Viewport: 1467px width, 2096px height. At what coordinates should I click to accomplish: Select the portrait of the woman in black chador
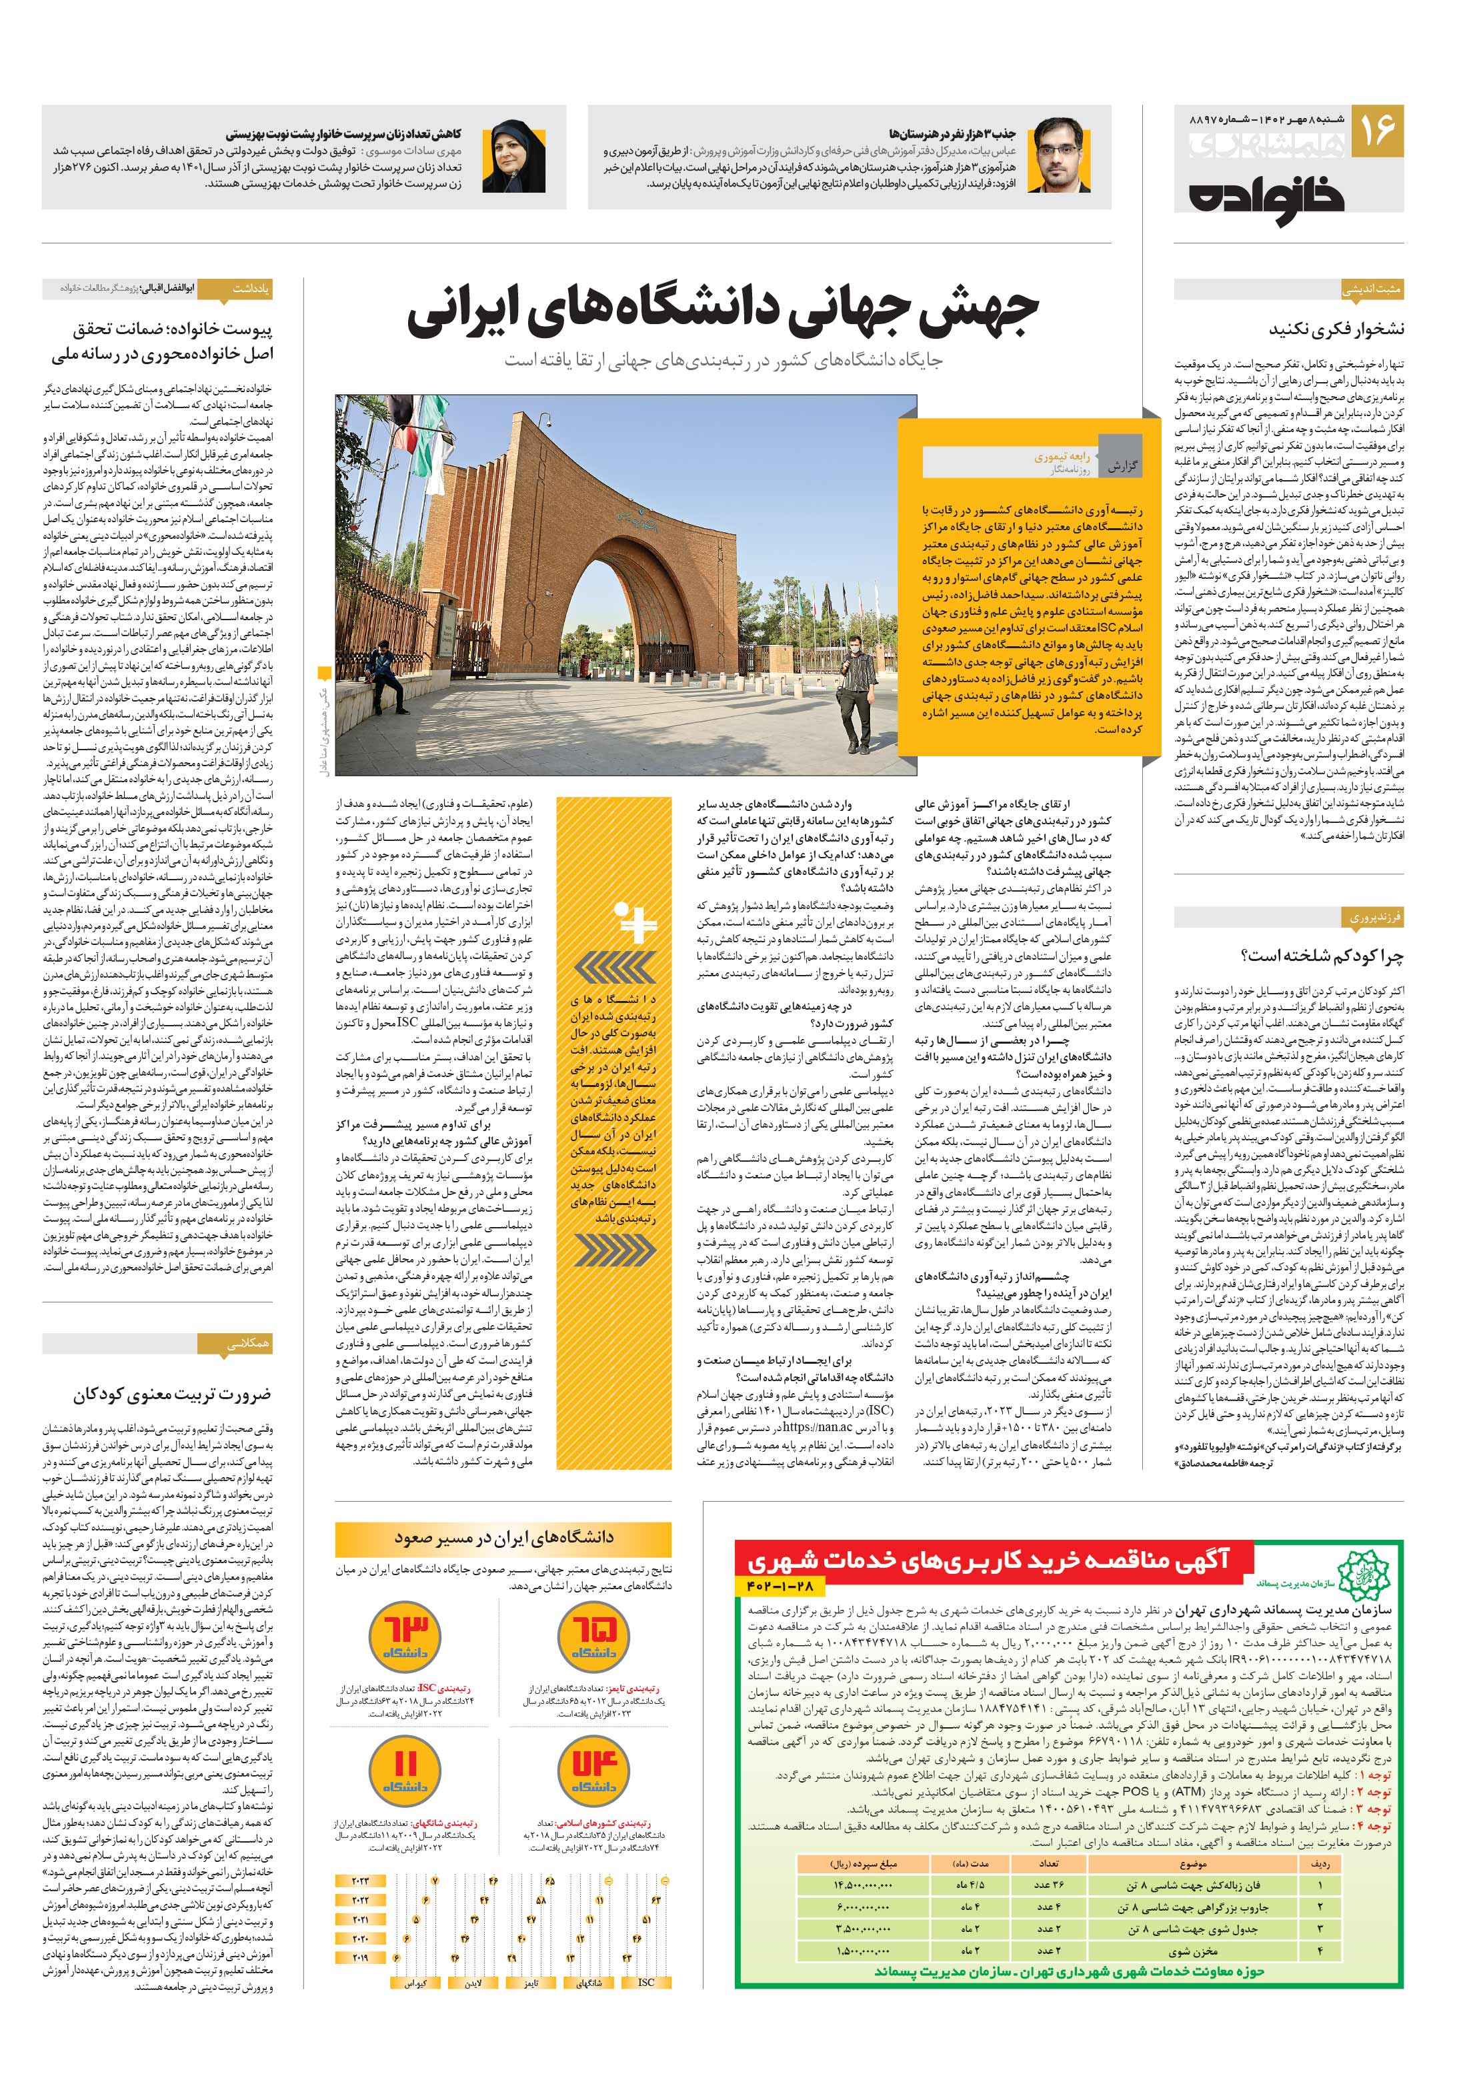519,155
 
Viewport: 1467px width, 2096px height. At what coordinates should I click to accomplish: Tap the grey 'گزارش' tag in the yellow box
1122,465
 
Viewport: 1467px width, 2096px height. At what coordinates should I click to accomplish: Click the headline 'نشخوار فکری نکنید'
1336,329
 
